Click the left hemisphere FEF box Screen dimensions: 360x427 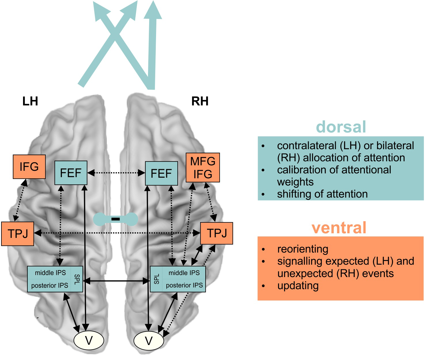pyautogui.click(x=71, y=173)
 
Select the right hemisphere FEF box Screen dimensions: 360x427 pyautogui.click(x=161, y=173)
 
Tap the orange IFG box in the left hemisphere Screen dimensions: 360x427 pyautogui.click(x=29, y=166)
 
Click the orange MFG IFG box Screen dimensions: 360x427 pyautogui.click(x=203, y=168)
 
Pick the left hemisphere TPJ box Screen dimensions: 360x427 pyautogui.click(x=18, y=234)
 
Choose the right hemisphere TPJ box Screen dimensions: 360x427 pyautogui.click(x=217, y=233)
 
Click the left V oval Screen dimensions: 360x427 pyautogui.click(x=89, y=340)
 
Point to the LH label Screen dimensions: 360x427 pyautogui.click(x=30, y=101)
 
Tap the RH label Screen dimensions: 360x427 pyautogui.click(x=200, y=101)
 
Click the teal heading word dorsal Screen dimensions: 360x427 pyautogui.click(x=341, y=127)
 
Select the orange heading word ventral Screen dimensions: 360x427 pyautogui.click(x=339, y=228)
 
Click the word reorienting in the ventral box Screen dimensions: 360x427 pyautogui.click(x=303, y=249)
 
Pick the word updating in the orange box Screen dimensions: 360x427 pyautogui.click(x=298, y=286)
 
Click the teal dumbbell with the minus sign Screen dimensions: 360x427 pyautogui.click(x=115, y=219)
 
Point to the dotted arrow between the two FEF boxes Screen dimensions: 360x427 pyautogui.click(x=116, y=173)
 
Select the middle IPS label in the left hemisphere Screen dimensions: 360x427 pyautogui.click(x=50, y=273)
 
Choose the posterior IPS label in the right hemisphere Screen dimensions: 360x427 pyautogui.click(x=184, y=285)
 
